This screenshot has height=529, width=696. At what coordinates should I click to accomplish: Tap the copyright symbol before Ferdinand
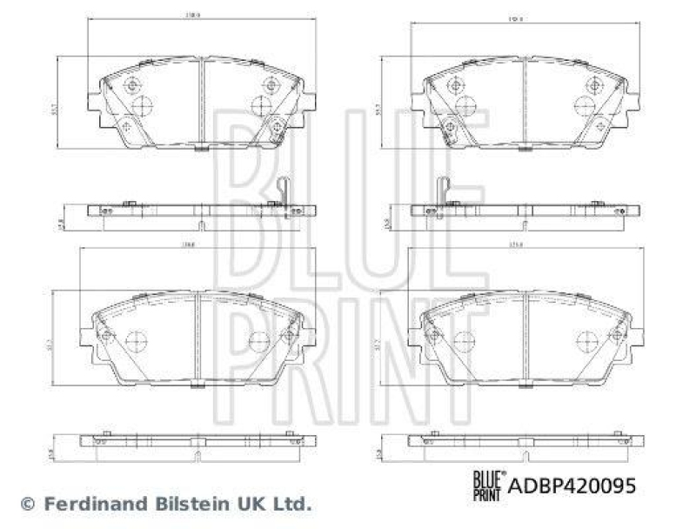click(x=27, y=503)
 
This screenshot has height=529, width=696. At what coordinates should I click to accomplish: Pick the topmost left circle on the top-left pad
click(x=133, y=85)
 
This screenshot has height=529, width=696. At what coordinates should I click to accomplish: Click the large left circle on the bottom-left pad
click(x=137, y=341)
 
